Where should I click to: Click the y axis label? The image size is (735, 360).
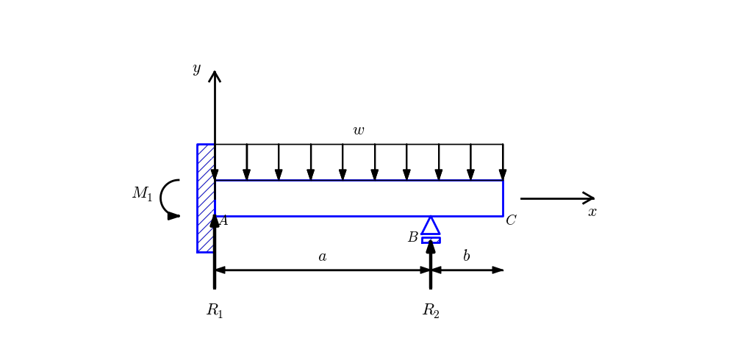pyautogui.click(x=196, y=69)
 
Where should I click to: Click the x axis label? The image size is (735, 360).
pyautogui.click(x=592, y=212)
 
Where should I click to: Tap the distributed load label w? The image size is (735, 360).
pyautogui.click(x=359, y=131)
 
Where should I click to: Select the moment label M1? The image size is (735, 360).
pyautogui.click(x=142, y=193)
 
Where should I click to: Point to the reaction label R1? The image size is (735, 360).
pyautogui.click(x=215, y=311)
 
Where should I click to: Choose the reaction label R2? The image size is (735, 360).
pyautogui.click(x=431, y=311)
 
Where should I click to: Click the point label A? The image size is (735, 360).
pyautogui.click(x=223, y=220)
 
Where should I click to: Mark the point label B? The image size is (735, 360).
pyautogui.click(x=413, y=237)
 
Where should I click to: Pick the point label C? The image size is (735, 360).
pyautogui.click(x=511, y=220)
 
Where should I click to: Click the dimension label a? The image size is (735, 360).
pyautogui.click(x=322, y=256)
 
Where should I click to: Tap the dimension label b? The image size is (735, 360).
pyautogui.click(x=466, y=256)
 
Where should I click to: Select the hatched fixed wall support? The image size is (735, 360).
pyautogui.click(x=206, y=198)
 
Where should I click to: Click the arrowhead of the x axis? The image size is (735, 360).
pyautogui.click(x=589, y=198)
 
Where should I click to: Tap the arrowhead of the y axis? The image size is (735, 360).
pyautogui.click(x=215, y=76)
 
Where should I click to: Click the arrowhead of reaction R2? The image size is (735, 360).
pyautogui.click(x=431, y=246)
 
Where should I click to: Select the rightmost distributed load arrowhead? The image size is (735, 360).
pyautogui.click(x=503, y=175)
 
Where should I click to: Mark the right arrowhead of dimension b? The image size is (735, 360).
pyautogui.click(x=498, y=270)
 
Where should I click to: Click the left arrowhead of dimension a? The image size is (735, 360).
pyautogui.click(x=220, y=270)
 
